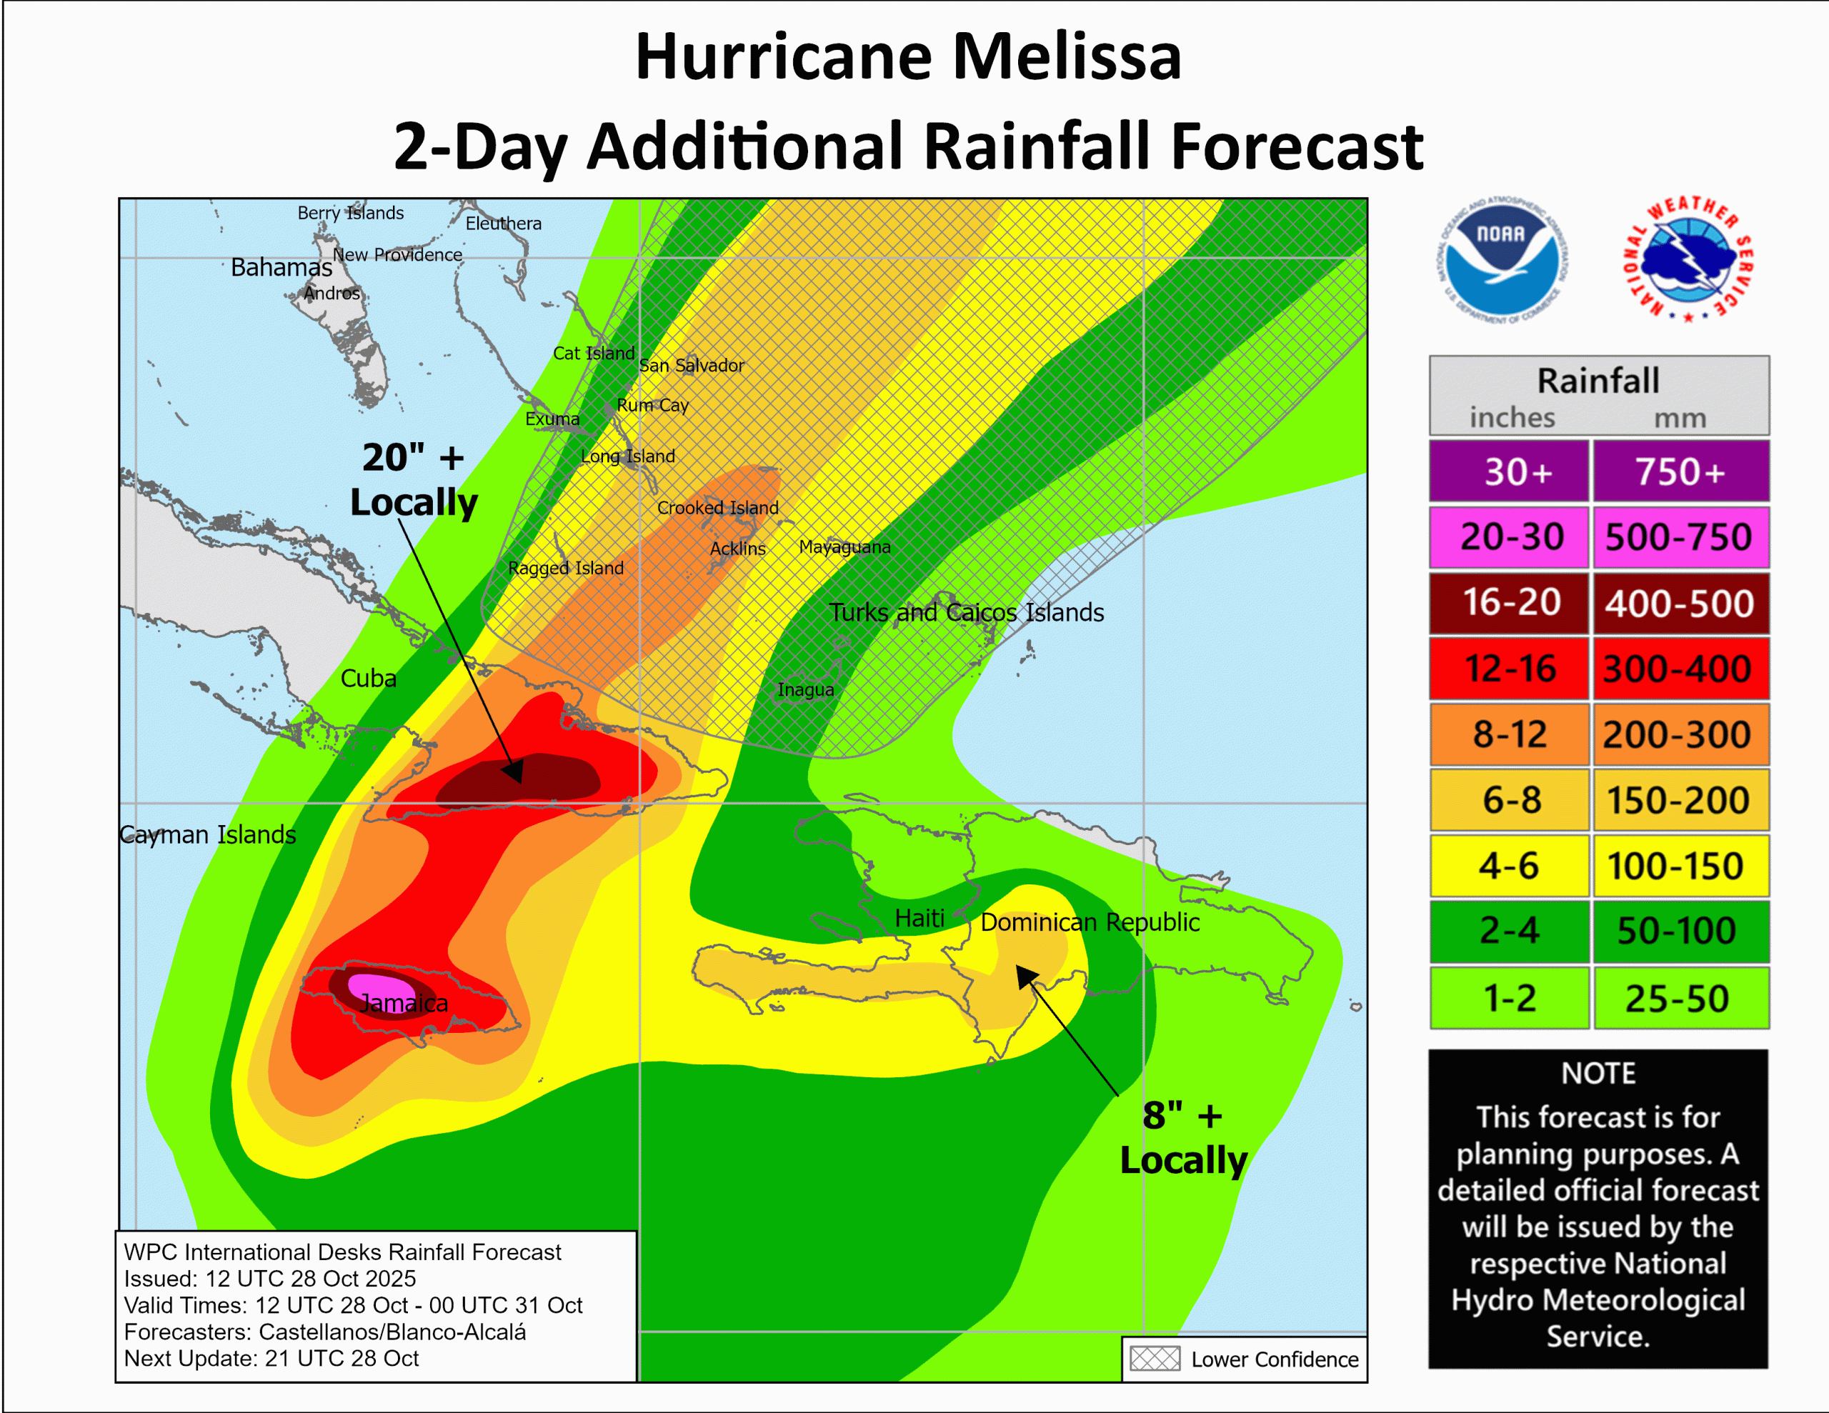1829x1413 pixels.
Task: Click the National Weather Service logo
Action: tap(1688, 259)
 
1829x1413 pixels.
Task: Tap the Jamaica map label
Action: tap(404, 1002)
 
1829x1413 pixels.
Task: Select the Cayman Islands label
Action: tap(208, 834)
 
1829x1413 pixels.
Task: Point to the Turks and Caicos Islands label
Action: tap(966, 612)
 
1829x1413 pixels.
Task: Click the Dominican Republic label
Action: tap(1090, 922)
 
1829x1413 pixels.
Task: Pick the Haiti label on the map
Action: tap(919, 918)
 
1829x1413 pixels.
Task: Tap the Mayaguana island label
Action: tap(844, 547)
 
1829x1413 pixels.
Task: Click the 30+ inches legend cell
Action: tap(1509, 471)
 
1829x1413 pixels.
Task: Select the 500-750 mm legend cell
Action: tap(1680, 537)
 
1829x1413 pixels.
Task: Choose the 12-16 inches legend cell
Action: tap(1509, 669)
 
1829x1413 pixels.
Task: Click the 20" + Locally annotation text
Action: tap(413, 480)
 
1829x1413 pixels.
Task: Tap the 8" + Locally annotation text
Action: tap(1182, 1137)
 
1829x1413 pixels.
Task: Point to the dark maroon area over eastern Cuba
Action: tap(519, 779)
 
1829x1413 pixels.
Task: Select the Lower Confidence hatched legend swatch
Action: tap(1154, 1359)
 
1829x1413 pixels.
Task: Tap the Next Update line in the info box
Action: tap(271, 1359)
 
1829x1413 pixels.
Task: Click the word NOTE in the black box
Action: tap(1597, 1074)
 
